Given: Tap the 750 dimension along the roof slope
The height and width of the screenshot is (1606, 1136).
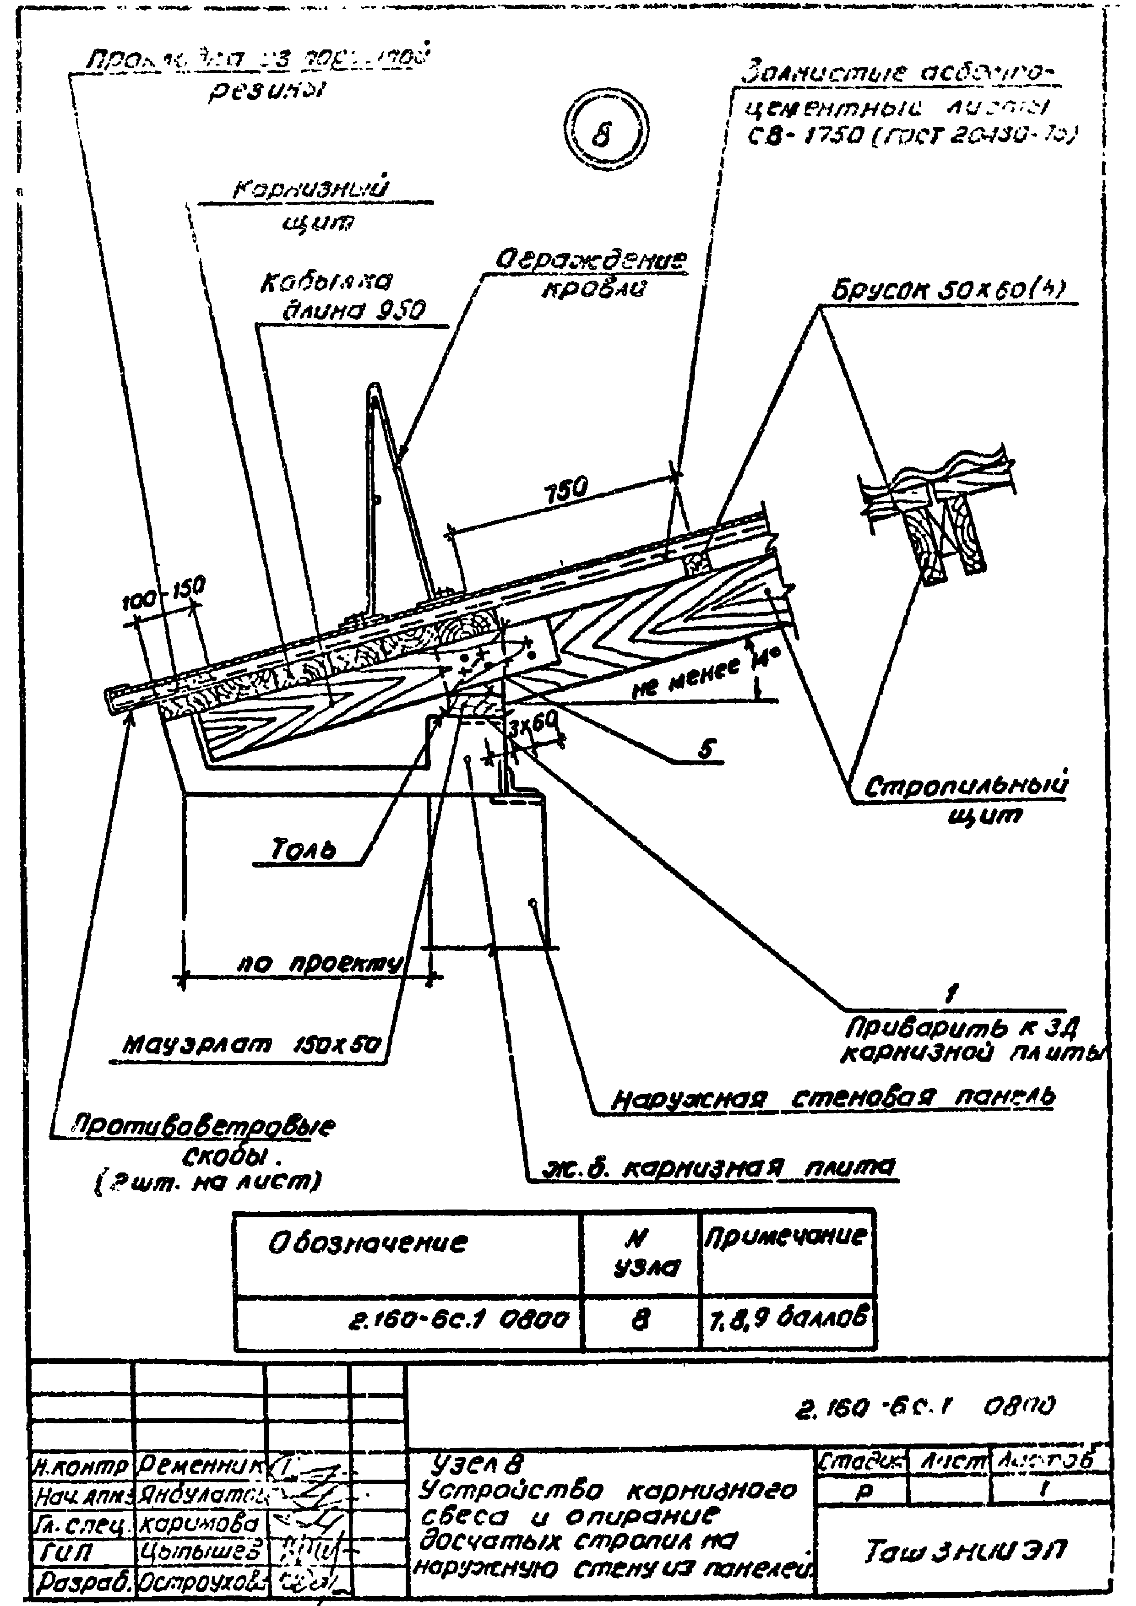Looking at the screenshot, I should coord(566,488).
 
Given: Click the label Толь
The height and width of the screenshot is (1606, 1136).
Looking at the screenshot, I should coord(303,849).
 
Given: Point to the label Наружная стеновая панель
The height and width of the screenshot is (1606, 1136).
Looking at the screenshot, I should coord(832,1098).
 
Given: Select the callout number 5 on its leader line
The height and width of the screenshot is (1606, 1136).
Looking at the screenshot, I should coord(707,749).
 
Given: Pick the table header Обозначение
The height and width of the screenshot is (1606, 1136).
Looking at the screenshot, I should coord(367,1243).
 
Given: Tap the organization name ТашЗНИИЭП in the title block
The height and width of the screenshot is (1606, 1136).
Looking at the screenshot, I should coord(965,1552).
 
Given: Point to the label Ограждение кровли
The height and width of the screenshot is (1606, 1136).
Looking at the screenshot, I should coord(591,273).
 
